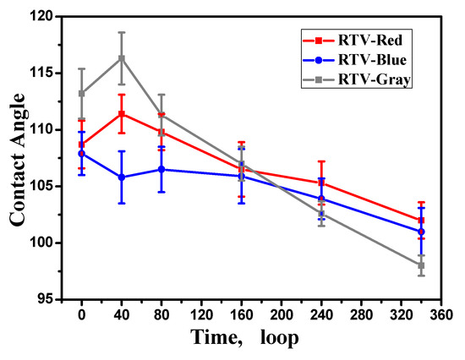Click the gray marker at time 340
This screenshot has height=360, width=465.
coord(421,265)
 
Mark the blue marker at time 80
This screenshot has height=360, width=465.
coord(161,169)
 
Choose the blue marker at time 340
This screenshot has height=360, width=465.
coord(421,232)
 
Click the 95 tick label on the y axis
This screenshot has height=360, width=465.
coord(49,299)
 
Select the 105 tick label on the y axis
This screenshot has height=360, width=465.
coord(46,186)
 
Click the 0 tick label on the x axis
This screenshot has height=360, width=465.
coord(82,315)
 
